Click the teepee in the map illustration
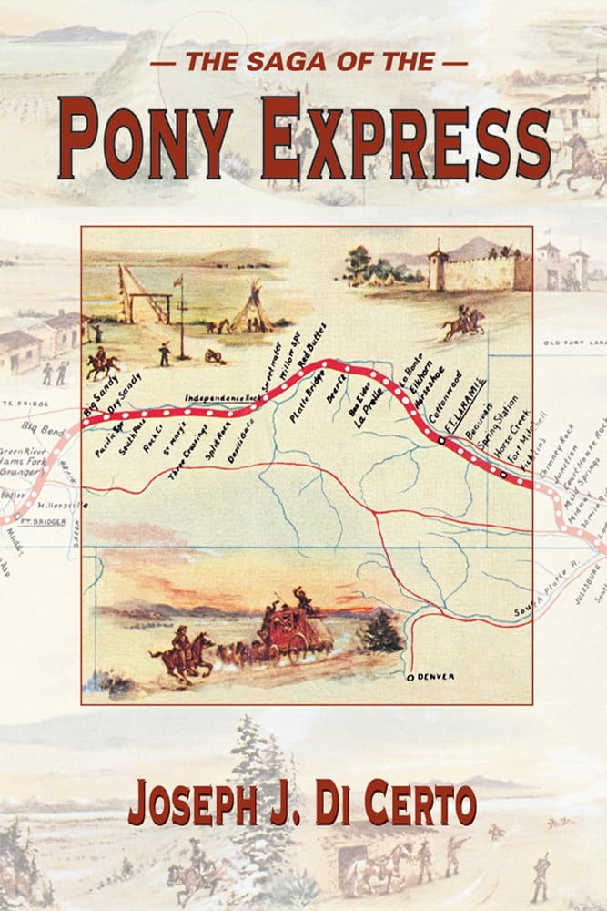pyautogui.click(x=251, y=310)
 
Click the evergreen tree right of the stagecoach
pyautogui.click(x=379, y=630)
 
